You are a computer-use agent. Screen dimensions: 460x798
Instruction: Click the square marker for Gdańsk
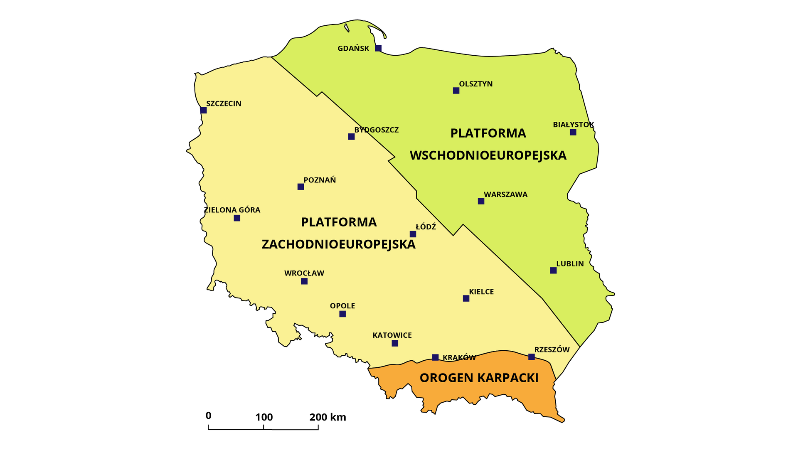[x=378, y=48]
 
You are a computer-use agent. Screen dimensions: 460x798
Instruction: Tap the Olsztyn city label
[x=475, y=84]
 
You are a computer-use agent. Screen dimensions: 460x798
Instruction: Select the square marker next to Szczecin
[x=203, y=110]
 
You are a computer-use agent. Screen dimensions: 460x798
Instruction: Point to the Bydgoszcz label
[x=376, y=130]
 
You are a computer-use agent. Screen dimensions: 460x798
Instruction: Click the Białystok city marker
[x=573, y=132]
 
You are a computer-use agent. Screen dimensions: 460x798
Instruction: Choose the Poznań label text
[x=320, y=180]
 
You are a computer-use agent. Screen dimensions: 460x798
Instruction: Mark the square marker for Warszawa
[x=481, y=201]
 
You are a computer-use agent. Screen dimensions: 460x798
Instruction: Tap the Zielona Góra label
[x=232, y=210]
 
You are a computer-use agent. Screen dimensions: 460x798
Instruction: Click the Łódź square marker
[x=413, y=234]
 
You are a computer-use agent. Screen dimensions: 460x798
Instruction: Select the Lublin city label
[x=570, y=264]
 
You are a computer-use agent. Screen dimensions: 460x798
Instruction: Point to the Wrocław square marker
[x=304, y=281]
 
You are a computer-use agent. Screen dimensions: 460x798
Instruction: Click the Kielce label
[x=481, y=292]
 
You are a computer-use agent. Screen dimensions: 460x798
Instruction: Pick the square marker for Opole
[x=342, y=314]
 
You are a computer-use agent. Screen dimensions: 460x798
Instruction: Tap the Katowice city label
[x=392, y=335]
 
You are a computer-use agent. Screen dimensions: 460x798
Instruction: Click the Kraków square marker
[x=435, y=357]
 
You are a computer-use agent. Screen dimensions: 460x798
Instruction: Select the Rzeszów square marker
[x=531, y=357]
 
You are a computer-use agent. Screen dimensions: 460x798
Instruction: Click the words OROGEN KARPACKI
[x=479, y=378]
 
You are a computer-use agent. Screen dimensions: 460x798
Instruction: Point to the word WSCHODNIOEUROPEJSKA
[x=488, y=155]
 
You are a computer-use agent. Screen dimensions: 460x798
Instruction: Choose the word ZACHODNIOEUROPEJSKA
[x=338, y=244]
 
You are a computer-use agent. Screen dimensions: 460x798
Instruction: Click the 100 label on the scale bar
[x=264, y=417]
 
